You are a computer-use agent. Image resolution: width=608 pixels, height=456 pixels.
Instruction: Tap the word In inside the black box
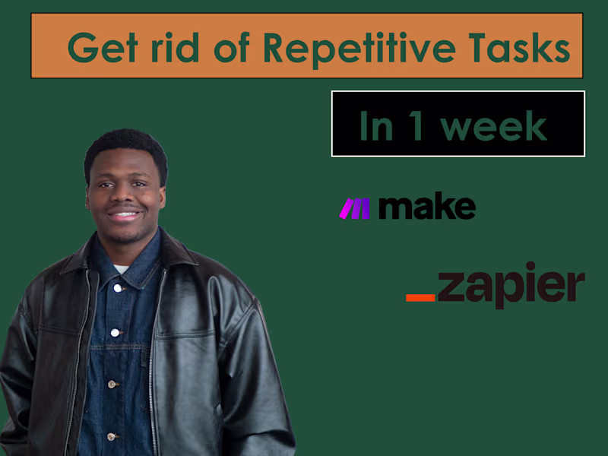pos(375,125)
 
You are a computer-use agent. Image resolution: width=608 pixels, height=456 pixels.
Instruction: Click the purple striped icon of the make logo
pos(354,208)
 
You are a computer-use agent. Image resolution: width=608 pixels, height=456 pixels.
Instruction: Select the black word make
pos(426,207)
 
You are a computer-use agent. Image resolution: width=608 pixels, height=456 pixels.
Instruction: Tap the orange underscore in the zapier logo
pos(420,296)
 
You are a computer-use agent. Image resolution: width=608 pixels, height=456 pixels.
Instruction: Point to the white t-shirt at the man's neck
pos(121,269)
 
